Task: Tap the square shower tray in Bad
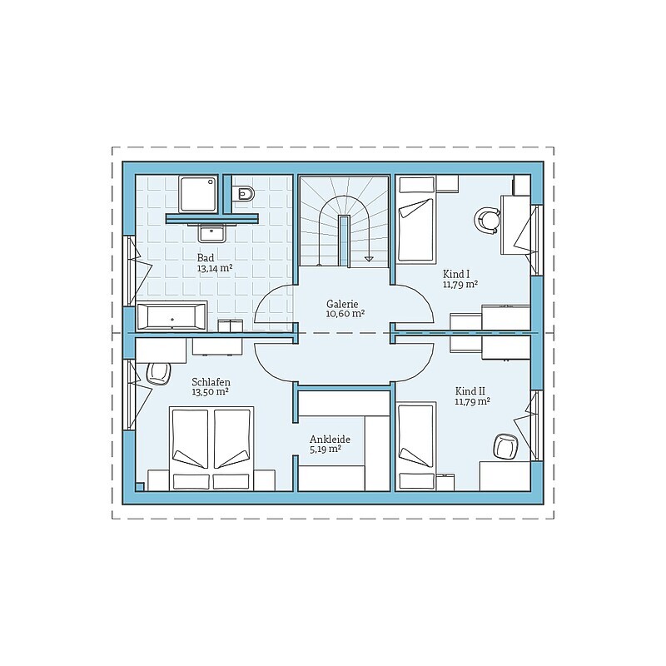(199, 194)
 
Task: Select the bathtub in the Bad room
(171, 316)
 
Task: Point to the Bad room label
(206, 258)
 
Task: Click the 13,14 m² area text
(215, 268)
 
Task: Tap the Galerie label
(342, 304)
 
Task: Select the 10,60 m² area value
(345, 314)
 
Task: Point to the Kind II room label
(470, 390)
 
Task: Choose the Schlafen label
(211, 382)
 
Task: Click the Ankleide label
(330, 440)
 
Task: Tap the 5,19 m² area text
(326, 450)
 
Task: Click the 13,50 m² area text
(211, 392)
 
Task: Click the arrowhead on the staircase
(369, 258)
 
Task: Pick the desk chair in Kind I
(486, 221)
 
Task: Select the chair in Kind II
(506, 447)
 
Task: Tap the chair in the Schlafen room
(158, 373)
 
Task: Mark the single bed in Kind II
(417, 446)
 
